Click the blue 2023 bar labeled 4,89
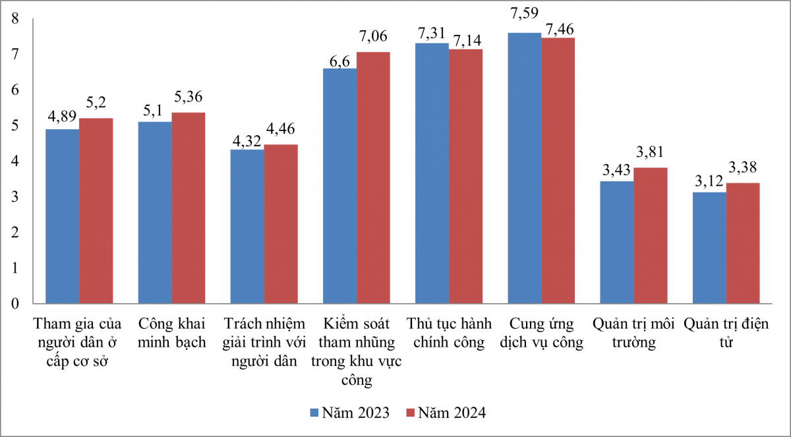click(x=62, y=217)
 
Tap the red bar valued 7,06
click(x=373, y=178)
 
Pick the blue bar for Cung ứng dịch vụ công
click(x=525, y=169)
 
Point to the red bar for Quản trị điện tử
click(x=743, y=244)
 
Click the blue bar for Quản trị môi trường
click(x=617, y=243)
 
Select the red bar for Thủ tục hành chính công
click(x=465, y=177)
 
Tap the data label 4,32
click(x=247, y=140)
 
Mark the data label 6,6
click(x=339, y=59)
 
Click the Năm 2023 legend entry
click(x=349, y=413)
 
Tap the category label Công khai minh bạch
click(x=172, y=334)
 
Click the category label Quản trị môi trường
click(x=633, y=334)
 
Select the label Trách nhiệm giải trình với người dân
click(x=264, y=343)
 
